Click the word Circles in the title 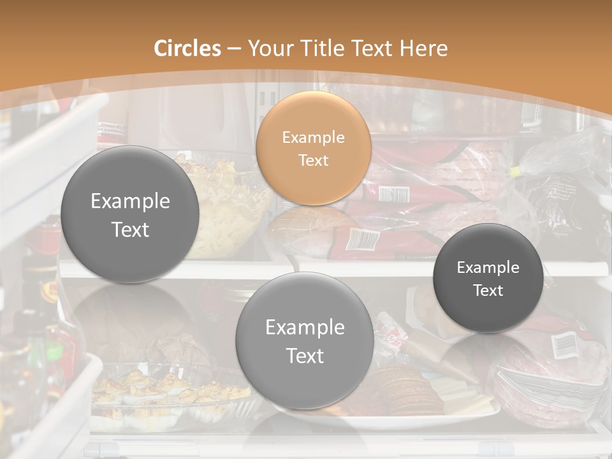click(x=187, y=48)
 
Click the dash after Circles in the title click(x=234, y=49)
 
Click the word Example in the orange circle click(x=313, y=137)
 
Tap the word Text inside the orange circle click(x=313, y=160)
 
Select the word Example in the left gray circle click(x=130, y=201)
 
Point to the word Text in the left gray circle click(x=130, y=229)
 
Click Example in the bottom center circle click(x=305, y=327)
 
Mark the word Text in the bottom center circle click(x=305, y=356)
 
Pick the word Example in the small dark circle click(x=488, y=267)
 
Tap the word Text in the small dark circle click(x=488, y=290)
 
